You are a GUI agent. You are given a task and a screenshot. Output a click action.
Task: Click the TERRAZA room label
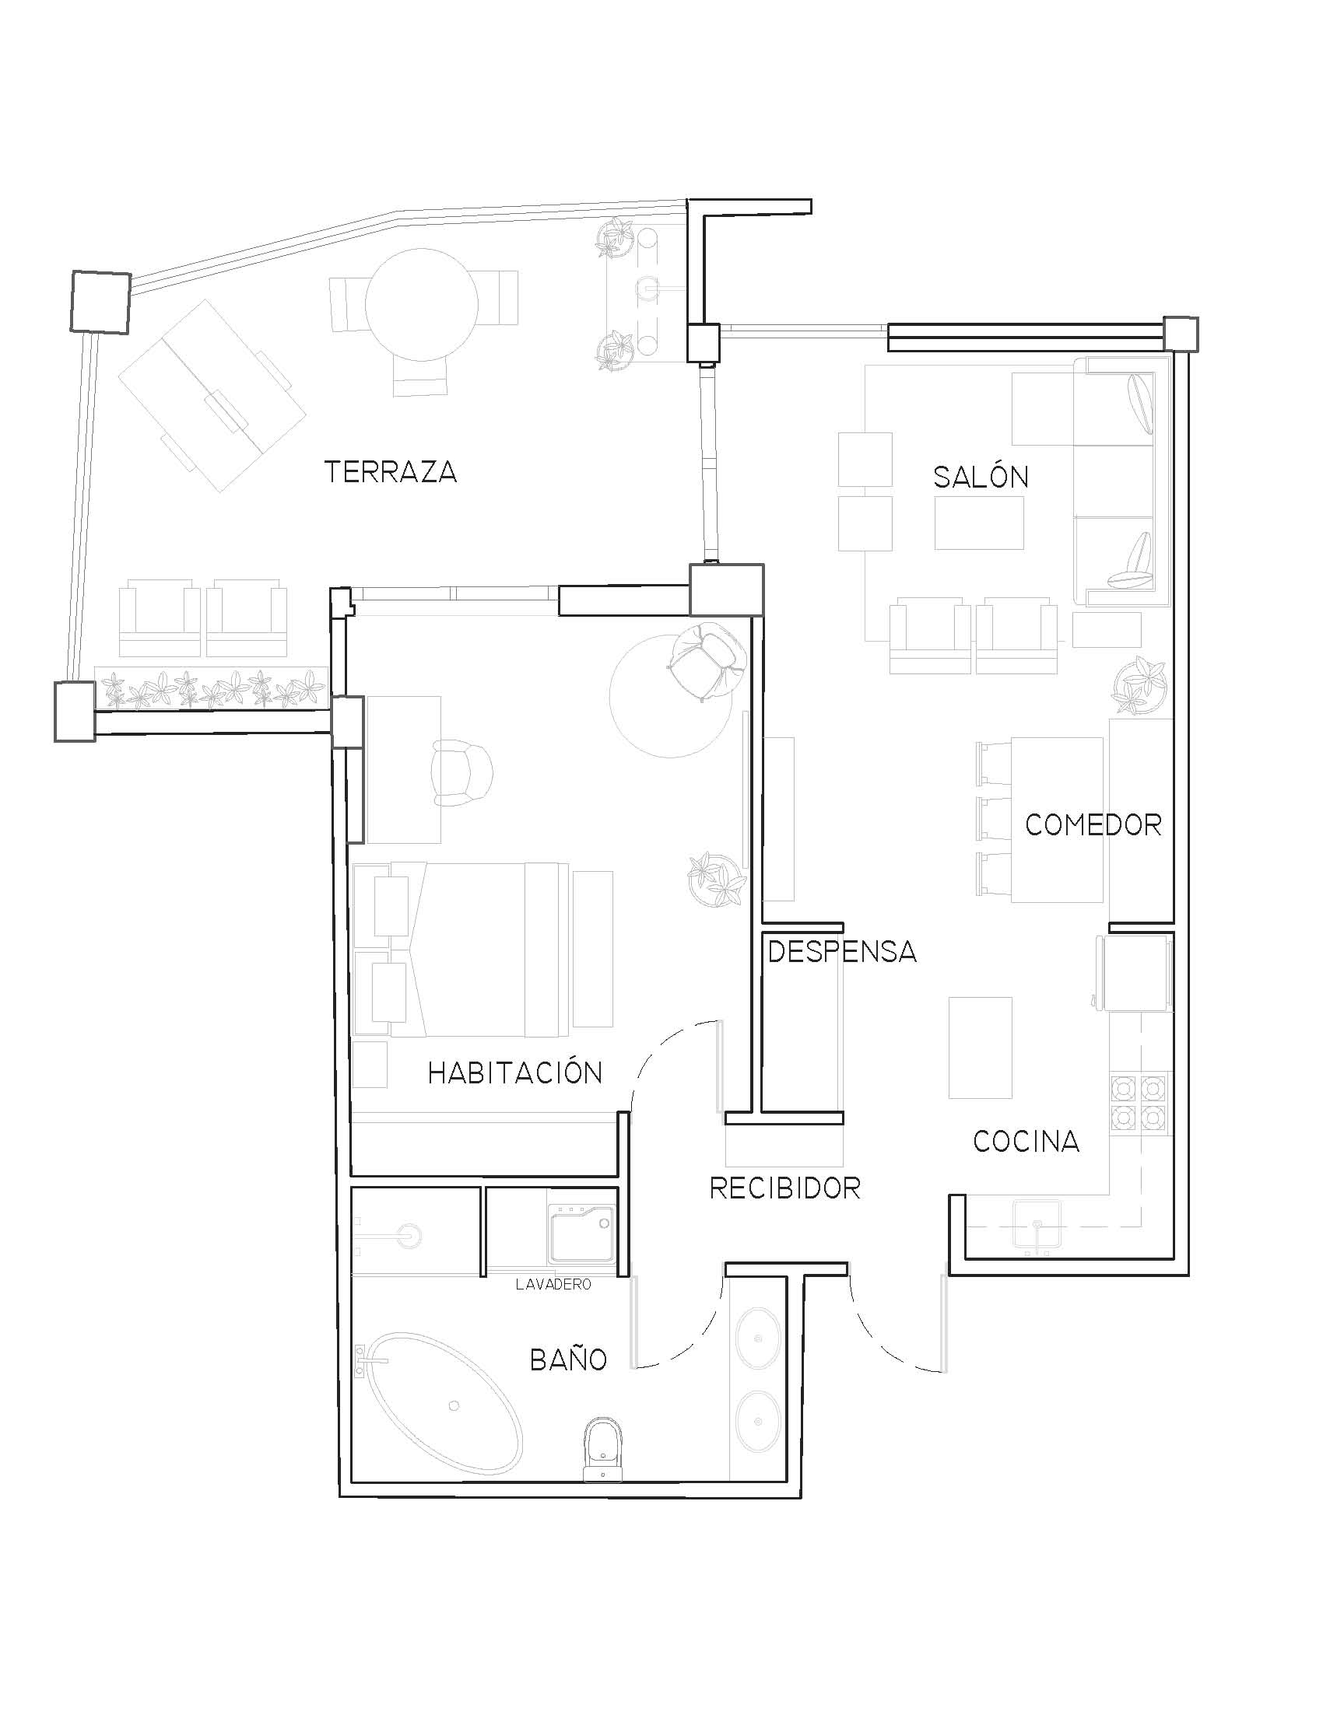(x=391, y=471)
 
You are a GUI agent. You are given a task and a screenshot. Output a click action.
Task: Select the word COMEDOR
(x=1093, y=824)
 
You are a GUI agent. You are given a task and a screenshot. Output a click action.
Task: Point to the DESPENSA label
(x=842, y=951)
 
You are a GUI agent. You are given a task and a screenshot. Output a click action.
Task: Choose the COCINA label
(x=1026, y=1142)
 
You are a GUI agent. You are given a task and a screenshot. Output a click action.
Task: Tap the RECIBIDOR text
(x=784, y=1188)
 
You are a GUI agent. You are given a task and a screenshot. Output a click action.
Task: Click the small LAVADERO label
(x=553, y=1285)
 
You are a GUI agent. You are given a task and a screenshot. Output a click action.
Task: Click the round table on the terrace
(x=422, y=304)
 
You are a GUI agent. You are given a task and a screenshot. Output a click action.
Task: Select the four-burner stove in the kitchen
(x=1140, y=1102)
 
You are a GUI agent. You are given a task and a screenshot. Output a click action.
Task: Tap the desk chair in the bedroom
(x=462, y=772)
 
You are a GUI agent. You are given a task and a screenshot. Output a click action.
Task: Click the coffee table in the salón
(x=979, y=523)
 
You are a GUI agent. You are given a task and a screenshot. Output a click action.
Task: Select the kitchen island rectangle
(x=980, y=1048)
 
